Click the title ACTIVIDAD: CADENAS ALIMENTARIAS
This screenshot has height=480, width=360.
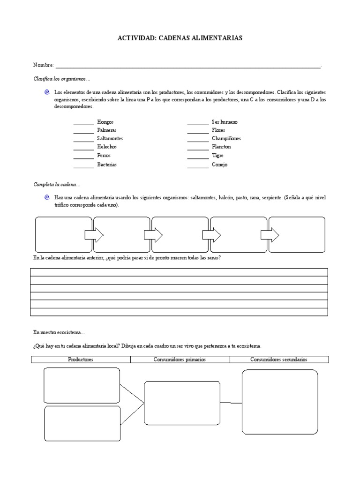coord(180,38)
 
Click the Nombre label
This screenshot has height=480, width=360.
coord(43,65)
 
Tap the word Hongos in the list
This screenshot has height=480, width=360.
coord(105,122)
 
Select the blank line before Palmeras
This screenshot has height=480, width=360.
coord(83,131)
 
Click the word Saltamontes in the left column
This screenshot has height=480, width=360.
coord(110,139)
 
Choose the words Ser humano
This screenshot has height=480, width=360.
coord(225,122)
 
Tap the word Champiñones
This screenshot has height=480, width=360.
coord(226,139)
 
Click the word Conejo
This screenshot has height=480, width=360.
coord(219,165)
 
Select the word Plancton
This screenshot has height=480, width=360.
coord(221,147)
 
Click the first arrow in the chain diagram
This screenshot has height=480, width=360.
coord(94,234)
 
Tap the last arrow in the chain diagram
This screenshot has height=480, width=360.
coord(270,234)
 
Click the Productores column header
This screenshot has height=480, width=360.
coord(81,360)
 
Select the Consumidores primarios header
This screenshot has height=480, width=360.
coord(180,360)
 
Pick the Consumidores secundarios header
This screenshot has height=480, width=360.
coord(279,360)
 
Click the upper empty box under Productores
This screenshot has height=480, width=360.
coord(82,385)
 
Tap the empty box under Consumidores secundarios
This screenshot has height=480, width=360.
coord(279,402)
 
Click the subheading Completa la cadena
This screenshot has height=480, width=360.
coord(57,184)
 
